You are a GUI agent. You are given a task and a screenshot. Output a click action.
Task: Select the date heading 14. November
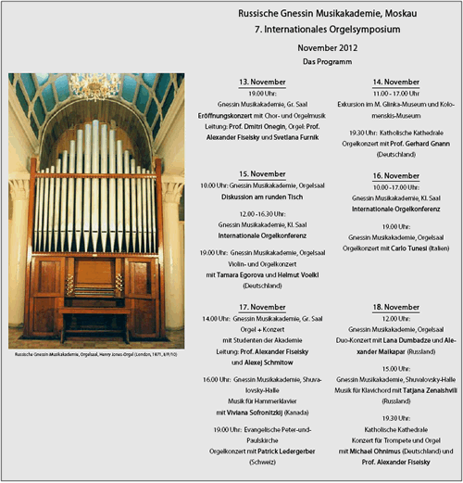395,82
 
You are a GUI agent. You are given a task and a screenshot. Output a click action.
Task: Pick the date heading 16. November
395,175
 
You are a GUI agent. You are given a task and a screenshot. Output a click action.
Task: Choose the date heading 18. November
395,306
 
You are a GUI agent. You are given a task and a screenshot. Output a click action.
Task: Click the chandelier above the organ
95,89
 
